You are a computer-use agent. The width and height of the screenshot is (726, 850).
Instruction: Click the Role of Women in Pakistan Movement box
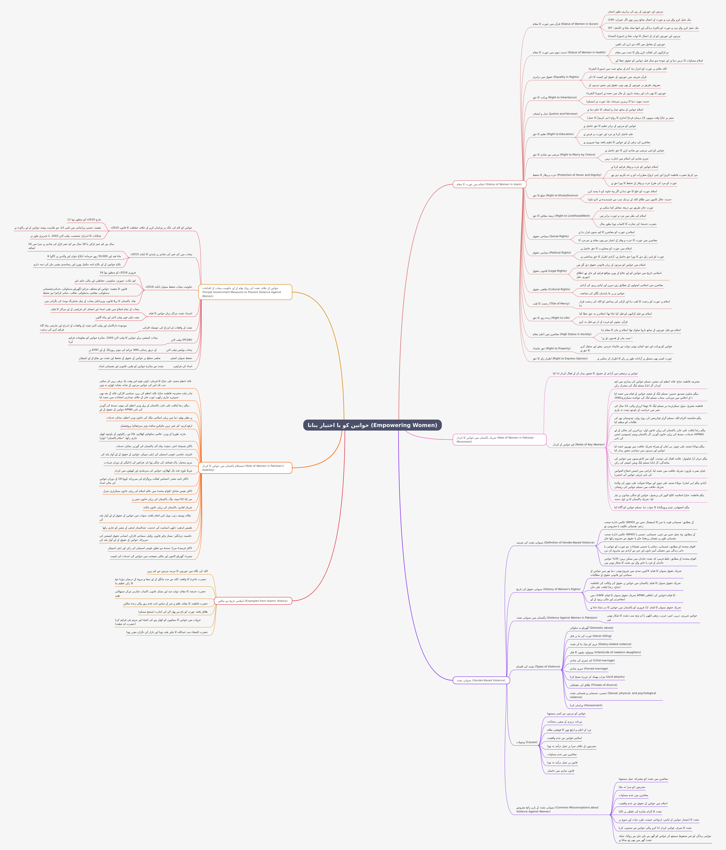point(499,439)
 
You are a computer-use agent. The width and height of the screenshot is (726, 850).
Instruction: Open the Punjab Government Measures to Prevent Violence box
point(245,292)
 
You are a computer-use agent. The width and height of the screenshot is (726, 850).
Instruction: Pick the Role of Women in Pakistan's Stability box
point(245,468)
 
